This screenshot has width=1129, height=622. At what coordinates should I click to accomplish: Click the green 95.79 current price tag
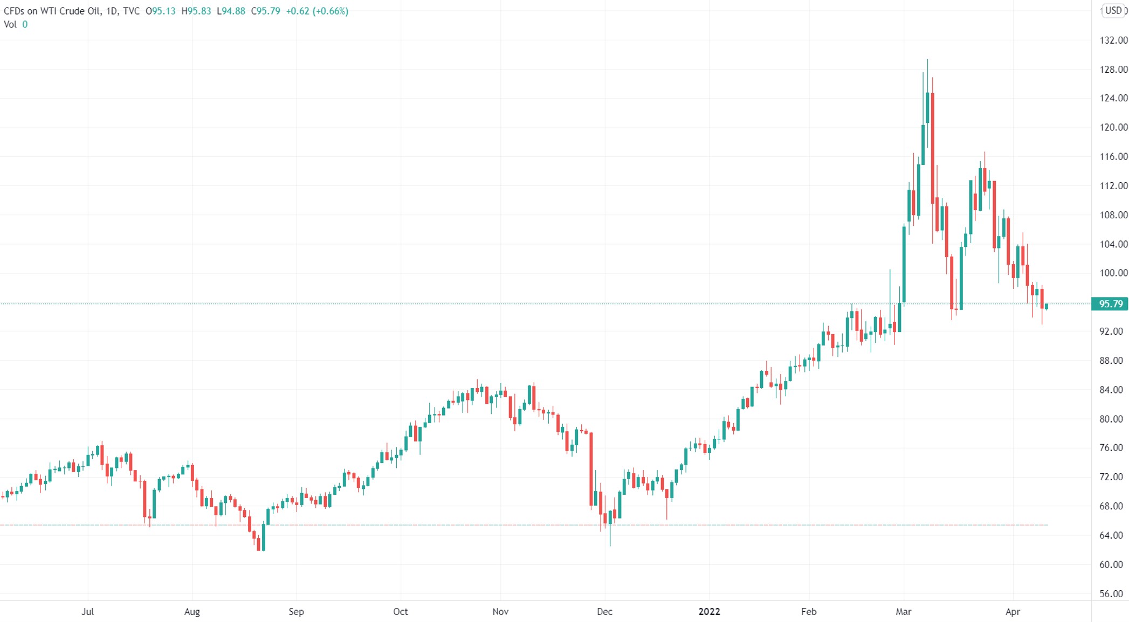1110,304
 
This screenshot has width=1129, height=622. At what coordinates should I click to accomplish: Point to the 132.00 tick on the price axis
1113,40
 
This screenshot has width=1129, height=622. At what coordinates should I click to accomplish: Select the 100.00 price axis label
1113,273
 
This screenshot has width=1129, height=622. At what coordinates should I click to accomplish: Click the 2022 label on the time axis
709,612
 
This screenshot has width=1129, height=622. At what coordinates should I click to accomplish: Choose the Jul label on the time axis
87,612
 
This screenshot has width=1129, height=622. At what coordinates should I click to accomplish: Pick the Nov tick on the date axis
500,612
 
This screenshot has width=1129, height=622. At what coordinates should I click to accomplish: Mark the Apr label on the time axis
1013,612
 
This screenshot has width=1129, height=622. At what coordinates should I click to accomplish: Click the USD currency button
1113,10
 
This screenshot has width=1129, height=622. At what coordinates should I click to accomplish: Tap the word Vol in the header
10,24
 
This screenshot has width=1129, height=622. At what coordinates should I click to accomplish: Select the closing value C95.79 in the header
265,11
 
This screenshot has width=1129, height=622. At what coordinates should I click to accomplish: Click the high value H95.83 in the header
196,11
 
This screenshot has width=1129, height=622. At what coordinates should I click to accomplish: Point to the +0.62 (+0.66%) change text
317,11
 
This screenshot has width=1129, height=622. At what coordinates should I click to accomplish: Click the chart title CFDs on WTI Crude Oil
52,11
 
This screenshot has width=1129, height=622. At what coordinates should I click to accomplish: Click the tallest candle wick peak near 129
927,60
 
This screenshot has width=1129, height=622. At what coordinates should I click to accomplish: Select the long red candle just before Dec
591,469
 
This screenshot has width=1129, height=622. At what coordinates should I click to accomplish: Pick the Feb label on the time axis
809,612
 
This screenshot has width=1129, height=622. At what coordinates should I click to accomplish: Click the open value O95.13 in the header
161,11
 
